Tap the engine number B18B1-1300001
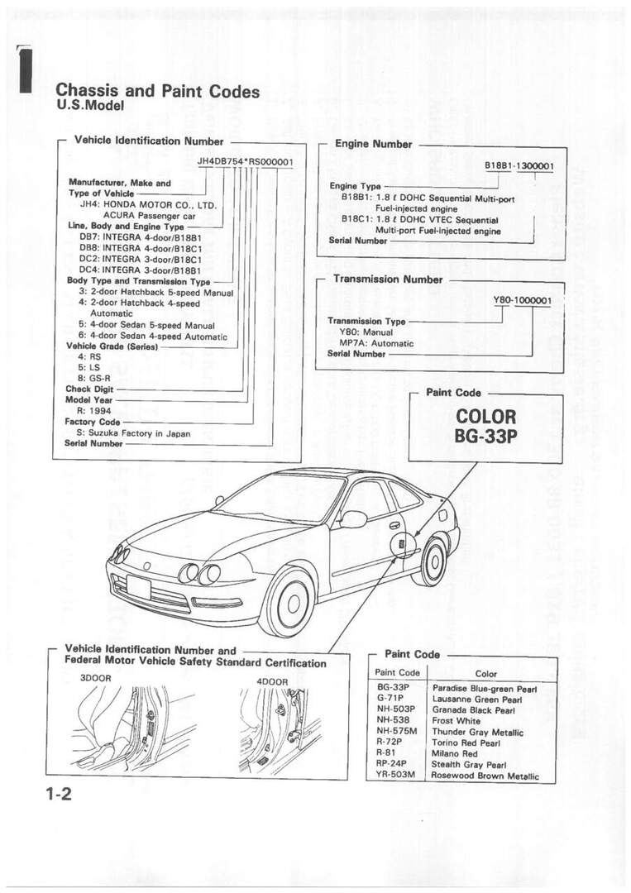click(x=519, y=166)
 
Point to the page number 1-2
click(x=60, y=796)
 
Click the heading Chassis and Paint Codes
click(x=157, y=91)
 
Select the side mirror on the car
click(x=353, y=519)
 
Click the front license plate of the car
click(x=139, y=587)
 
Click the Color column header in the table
click(x=487, y=674)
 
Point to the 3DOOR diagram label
click(x=96, y=677)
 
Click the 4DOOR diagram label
click(x=272, y=681)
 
